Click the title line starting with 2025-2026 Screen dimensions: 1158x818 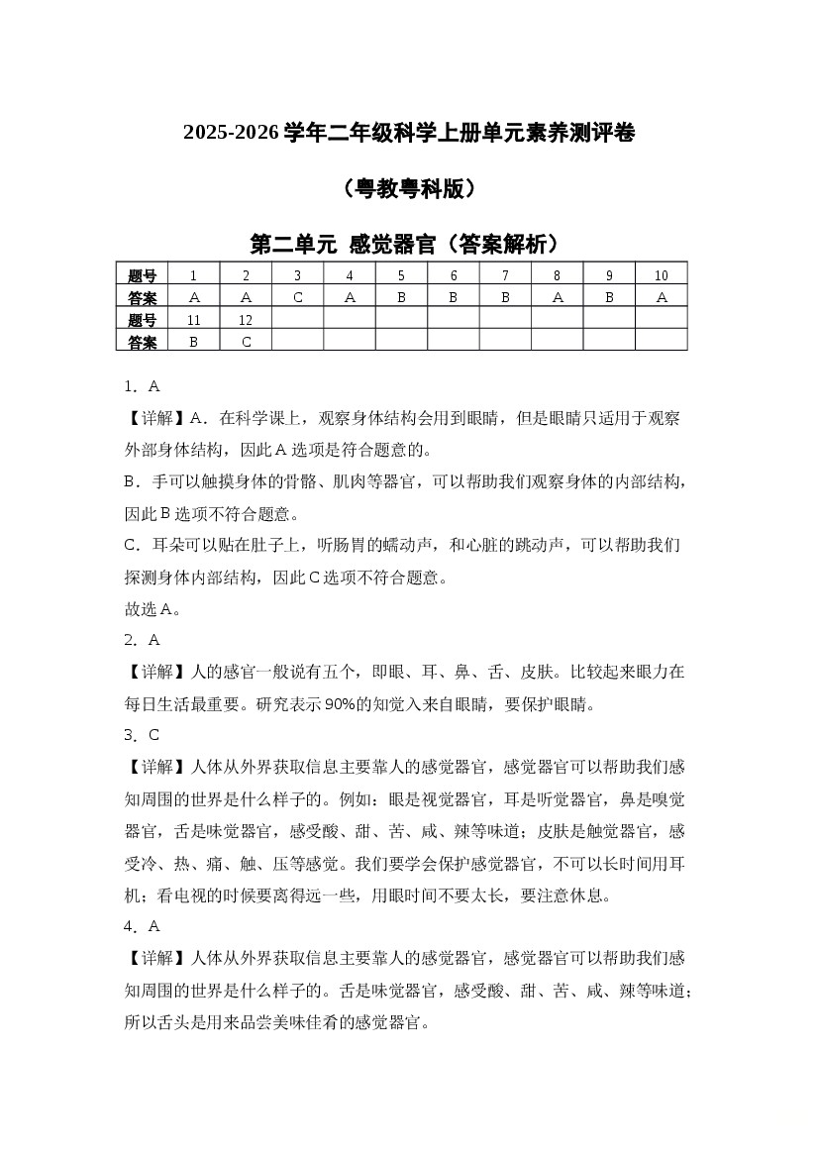[x=408, y=132]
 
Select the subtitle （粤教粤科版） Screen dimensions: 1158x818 [x=408, y=188]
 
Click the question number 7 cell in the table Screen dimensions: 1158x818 [x=505, y=275]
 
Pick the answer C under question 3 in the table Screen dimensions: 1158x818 [x=297, y=297]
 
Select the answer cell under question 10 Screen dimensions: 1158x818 [x=661, y=297]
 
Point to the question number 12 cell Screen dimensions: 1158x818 [x=246, y=319]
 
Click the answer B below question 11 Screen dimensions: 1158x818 [x=193, y=341]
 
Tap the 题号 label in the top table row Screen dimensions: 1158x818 [x=143, y=275]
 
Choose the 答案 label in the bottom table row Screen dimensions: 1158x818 [x=143, y=341]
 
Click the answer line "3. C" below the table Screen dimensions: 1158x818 [x=142, y=735]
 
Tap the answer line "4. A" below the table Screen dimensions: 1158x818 [x=142, y=926]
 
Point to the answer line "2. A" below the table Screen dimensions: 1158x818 [x=142, y=640]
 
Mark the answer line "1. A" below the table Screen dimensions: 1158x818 [x=142, y=386]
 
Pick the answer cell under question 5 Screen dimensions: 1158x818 [x=401, y=297]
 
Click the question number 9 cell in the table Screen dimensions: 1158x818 [x=609, y=275]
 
